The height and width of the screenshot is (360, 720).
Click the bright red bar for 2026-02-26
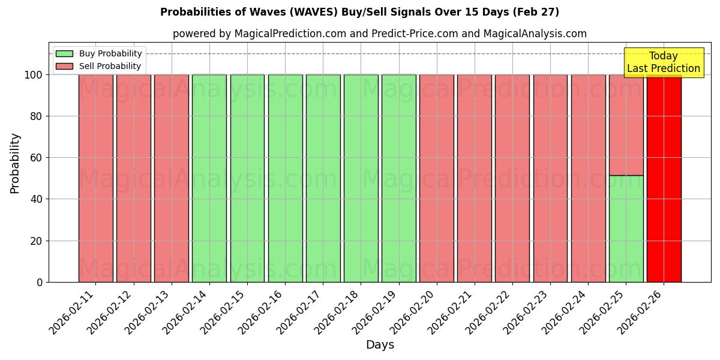(x=664, y=180)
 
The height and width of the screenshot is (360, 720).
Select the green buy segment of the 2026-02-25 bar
(x=626, y=229)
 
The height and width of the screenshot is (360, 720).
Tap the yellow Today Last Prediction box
(x=663, y=62)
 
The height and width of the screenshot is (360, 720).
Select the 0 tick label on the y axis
(x=40, y=282)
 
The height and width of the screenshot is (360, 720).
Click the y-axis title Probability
(x=15, y=163)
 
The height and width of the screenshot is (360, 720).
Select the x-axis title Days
(x=380, y=345)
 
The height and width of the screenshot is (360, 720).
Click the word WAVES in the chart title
(x=319, y=12)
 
